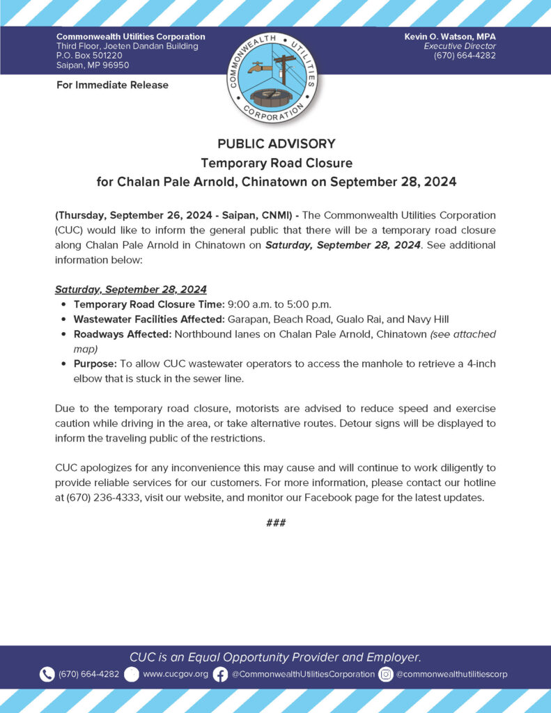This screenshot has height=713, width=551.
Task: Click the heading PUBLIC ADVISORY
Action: (x=276, y=144)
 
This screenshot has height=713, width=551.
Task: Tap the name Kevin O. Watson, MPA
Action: (x=450, y=36)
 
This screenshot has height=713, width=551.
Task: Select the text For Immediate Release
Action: (x=112, y=85)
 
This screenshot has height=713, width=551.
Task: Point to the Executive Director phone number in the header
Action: (x=465, y=56)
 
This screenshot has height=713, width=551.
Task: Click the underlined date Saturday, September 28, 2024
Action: (x=131, y=290)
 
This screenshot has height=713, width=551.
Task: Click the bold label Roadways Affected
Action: (x=122, y=334)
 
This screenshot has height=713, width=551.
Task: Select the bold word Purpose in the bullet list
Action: (x=95, y=364)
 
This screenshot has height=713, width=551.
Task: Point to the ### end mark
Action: (x=276, y=523)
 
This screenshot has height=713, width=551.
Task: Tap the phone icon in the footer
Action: (x=47, y=674)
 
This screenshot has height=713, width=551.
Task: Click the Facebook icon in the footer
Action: (x=220, y=674)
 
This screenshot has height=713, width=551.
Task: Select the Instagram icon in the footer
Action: (x=386, y=674)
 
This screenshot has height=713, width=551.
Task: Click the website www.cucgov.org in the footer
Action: (x=176, y=674)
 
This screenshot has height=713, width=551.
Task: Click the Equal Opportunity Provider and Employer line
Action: (x=275, y=657)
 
